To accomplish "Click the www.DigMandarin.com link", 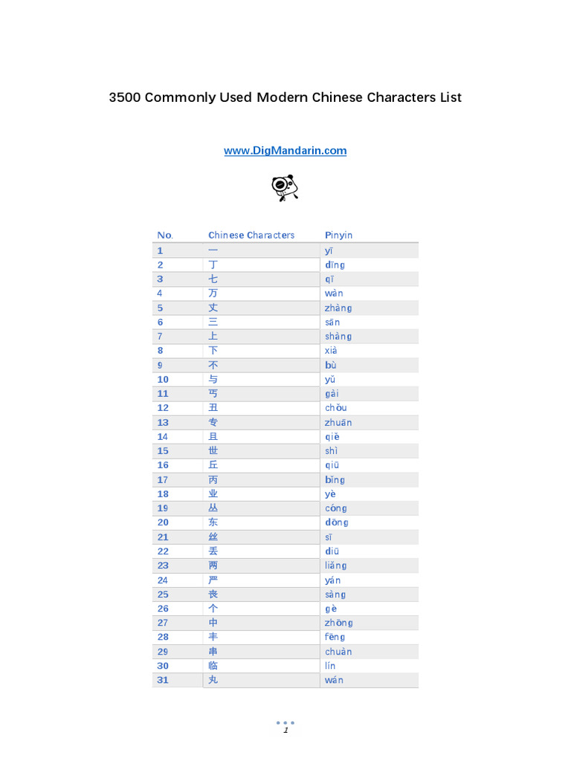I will pos(285,151).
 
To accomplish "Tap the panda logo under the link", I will pos(285,187).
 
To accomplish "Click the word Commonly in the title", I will pos(179,97).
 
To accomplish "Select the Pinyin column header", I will pos(338,236).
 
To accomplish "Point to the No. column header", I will pos(164,236).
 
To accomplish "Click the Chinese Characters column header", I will pos(251,236).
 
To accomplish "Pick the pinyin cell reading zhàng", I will pos(338,308).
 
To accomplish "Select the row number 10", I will pos(163,379).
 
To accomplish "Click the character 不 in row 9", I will pos(213,365).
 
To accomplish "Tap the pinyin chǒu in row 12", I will pos(335,408).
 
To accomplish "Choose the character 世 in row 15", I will pos(213,451).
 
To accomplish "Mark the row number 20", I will pos(163,522).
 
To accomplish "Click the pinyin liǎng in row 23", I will pos(335,566).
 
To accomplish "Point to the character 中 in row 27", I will pos(213,623).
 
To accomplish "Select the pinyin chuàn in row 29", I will pos(338,652).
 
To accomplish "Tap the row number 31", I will pos(163,680).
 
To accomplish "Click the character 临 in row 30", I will pos(213,666).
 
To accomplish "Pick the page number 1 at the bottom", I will pos(285,731).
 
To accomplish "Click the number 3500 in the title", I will pos(124,97).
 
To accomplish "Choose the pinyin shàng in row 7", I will pos(338,337).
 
